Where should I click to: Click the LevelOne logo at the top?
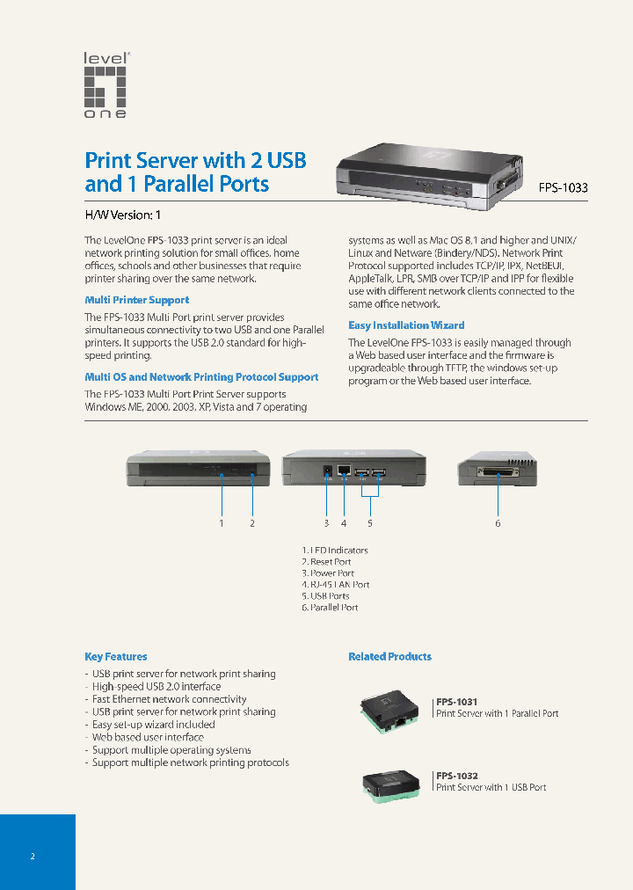(x=106, y=85)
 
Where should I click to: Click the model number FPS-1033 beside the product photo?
(x=564, y=187)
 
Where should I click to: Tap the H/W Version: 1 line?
(x=122, y=215)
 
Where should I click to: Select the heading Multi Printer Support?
(x=136, y=300)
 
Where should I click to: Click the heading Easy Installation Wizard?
(x=406, y=325)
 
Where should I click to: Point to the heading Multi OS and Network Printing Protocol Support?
(x=201, y=377)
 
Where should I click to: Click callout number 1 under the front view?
(x=222, y=523)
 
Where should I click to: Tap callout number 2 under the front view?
(x=252, y=523)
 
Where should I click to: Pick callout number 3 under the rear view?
(x=326, y=523)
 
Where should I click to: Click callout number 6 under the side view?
(x=498, y=523)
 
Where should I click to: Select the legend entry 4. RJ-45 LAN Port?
(x=335, y=585)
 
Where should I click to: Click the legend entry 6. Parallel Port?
(x=330, y=608)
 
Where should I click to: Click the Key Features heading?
(x=116, y=657)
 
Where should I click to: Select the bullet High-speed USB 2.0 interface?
(x=156, y=687)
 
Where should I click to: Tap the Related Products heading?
(x=389, y=657)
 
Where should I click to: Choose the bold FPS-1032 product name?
(x=457, y=776)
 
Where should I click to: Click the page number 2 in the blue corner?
(x=33, y=856)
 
